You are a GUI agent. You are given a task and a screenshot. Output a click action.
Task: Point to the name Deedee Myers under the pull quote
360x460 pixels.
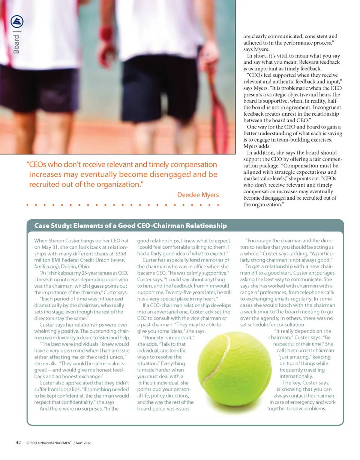point(198,194)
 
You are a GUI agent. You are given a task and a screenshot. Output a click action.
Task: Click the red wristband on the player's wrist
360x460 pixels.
point(106,33)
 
